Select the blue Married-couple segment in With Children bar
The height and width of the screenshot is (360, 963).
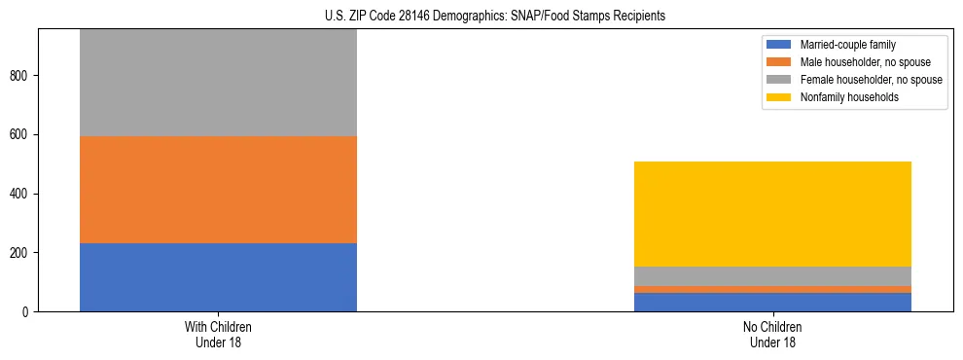pyautogui.click(x=218, y=277)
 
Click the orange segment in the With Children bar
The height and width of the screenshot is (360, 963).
pyautogui.click(x=218, y=190)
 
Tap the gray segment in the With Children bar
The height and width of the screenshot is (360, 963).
pyautogui.click(x=218, y=83)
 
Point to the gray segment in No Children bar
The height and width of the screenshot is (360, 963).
pyautogui.click(x=772, y=276)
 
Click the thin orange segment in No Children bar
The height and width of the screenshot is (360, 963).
pyautogui.click(x=772, y=289)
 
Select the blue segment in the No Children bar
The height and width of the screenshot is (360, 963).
pyautogui.click(x=772, y=302)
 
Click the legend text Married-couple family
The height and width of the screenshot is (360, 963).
pyautogui.click(x=848, y=45)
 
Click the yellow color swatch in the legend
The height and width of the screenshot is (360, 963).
pyautogui.click(x=779, y=97)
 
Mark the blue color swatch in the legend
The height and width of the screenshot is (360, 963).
pyautogui.click(x=779, y=45)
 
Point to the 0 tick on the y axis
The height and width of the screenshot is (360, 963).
pyautogui.click(x=27, y=311)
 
